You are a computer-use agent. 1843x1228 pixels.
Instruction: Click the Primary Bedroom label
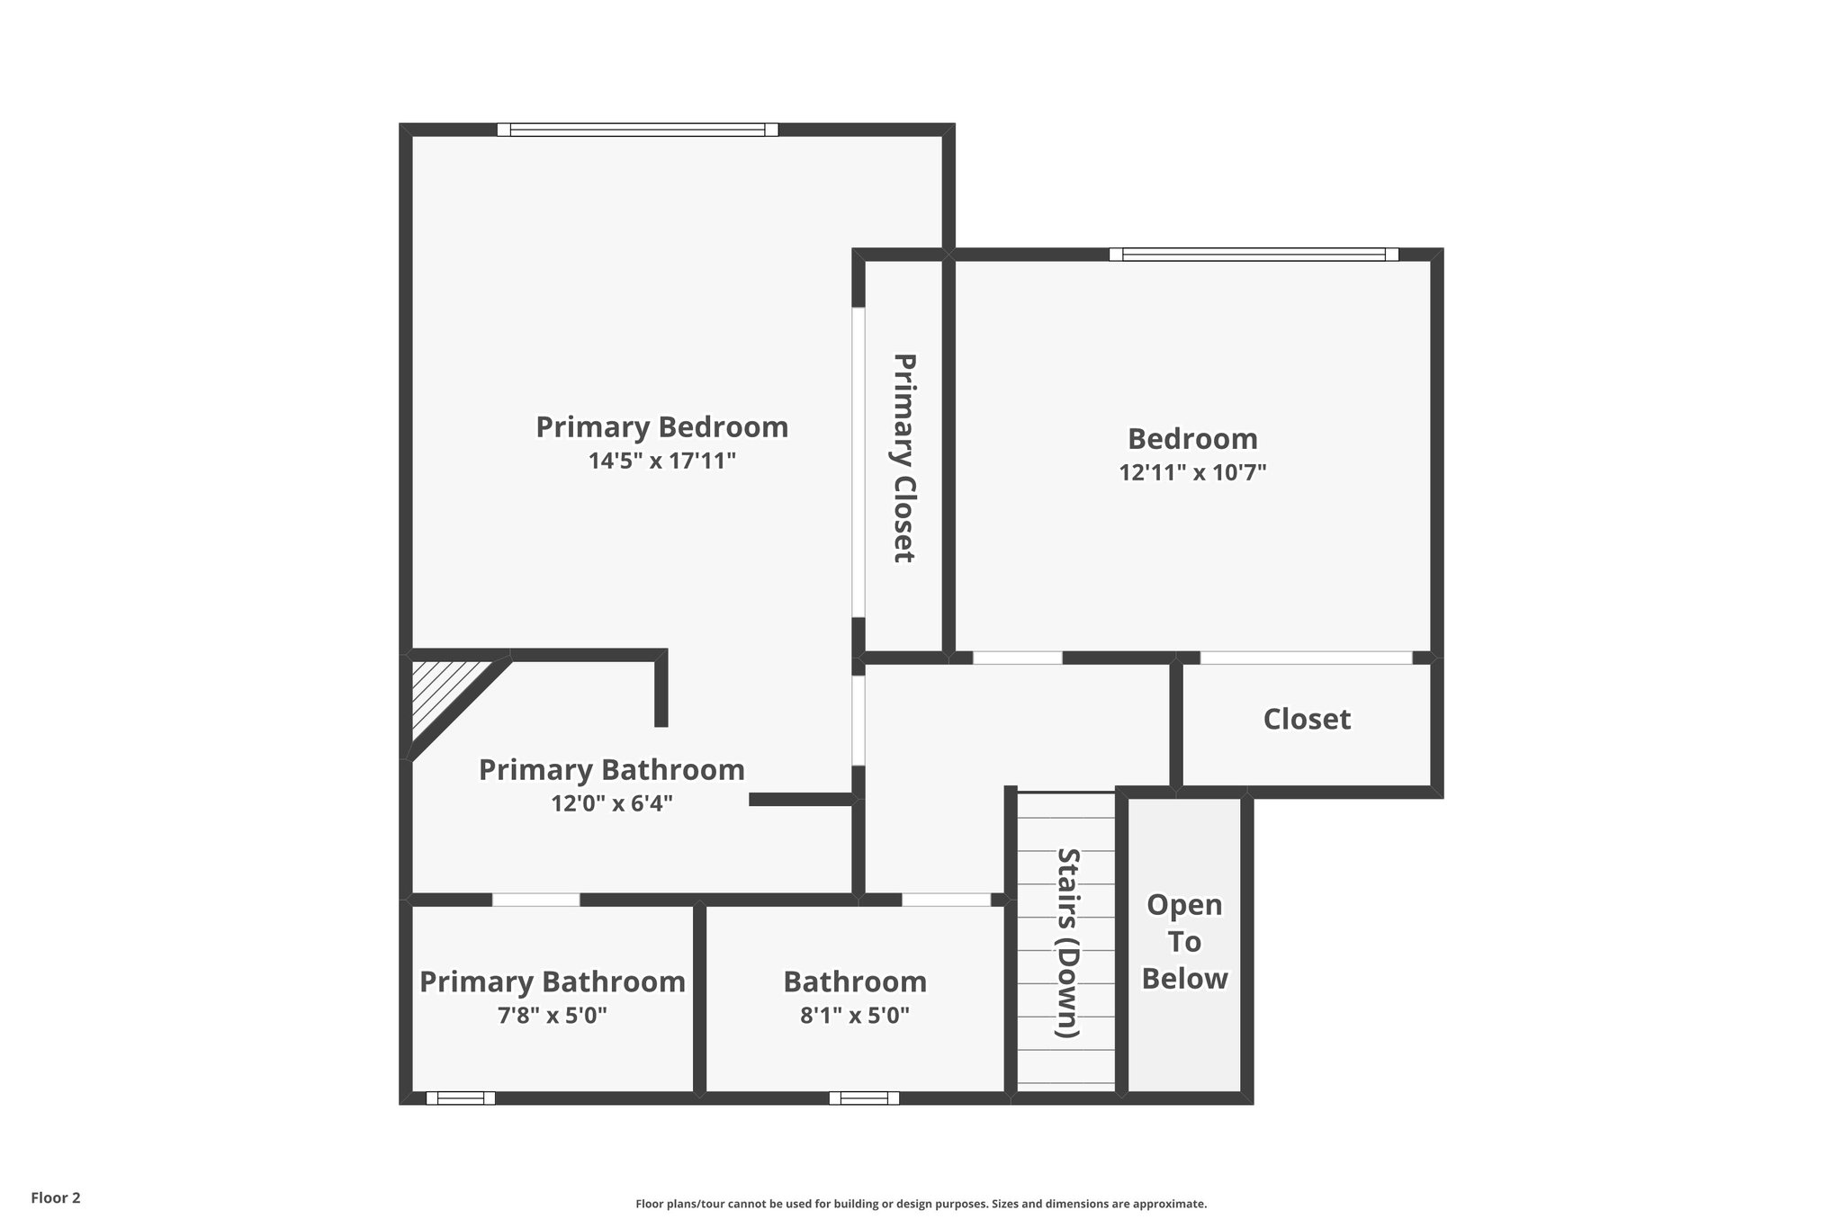(x=661, y=426)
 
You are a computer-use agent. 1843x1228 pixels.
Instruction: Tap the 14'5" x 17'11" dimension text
(x=661, y=462)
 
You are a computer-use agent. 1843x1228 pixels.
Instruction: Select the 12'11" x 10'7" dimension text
(x=1192, y=473)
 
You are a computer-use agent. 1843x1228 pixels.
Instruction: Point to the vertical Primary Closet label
(x=904, y=458)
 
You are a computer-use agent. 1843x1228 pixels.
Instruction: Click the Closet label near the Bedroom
(x=1307, y=719)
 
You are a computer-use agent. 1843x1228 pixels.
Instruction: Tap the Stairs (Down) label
(x=1067, y=943)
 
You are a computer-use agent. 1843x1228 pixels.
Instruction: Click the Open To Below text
(x=1184, y=942)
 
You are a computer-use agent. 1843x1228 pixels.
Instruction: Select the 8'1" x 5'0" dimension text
(x=854, y=1016)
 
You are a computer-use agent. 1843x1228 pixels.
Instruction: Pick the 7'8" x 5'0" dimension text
(x=552, y=1016)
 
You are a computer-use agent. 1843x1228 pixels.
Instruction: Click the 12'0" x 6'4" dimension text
(x=612, y=803)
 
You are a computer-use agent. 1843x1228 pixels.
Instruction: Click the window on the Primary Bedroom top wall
(x=637, y=130)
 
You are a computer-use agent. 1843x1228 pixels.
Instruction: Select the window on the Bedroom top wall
(x=1254, y=255)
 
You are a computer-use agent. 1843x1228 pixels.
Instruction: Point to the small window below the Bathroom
(x=864, y=1098)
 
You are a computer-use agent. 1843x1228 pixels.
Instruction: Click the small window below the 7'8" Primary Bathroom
(x=460, y=1098)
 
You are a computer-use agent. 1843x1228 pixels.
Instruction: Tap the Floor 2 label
(x=56, y=1197)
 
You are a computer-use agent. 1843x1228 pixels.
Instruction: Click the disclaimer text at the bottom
(x=921, y=1204)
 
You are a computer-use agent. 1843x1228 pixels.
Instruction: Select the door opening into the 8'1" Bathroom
(x=946, y=900)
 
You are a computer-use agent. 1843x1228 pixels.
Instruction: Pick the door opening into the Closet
(x=1306, y=658)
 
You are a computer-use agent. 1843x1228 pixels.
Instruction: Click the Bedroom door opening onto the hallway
(x=1017, y=658)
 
